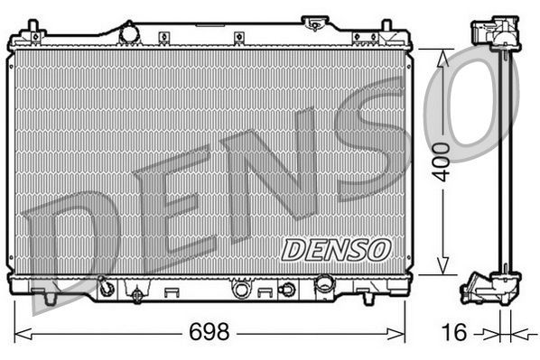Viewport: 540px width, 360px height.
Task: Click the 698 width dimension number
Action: tap(209, 332)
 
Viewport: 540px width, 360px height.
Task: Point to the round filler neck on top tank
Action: tap(129, 32)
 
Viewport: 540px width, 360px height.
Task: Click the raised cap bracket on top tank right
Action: tap(314, 21)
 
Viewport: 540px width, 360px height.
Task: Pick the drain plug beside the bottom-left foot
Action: tap(107, 289)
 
